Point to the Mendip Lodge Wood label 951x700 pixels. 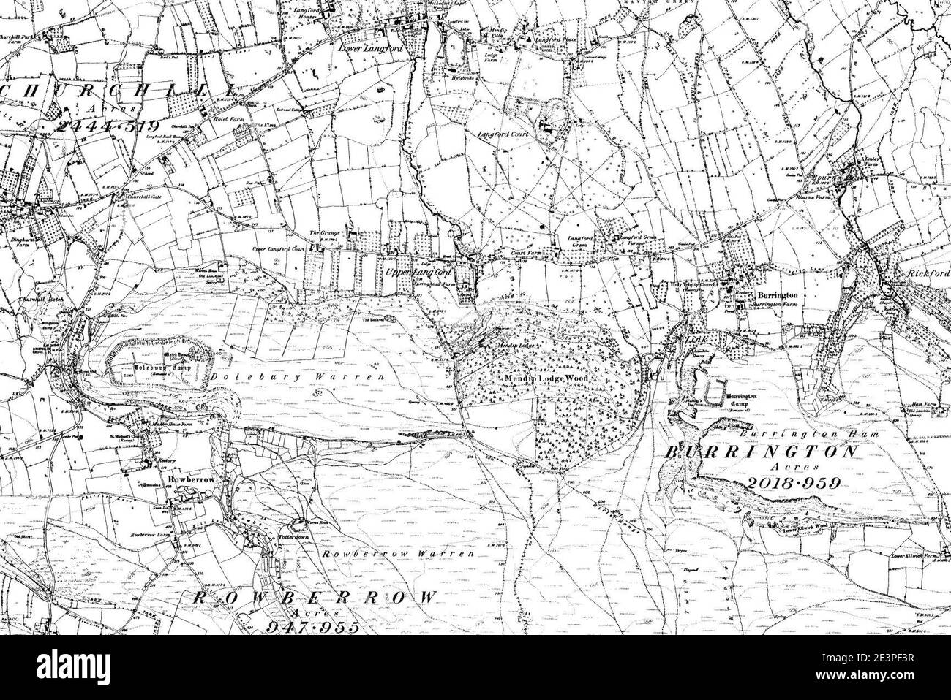(546, 381)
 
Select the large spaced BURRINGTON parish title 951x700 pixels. (761, 452)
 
